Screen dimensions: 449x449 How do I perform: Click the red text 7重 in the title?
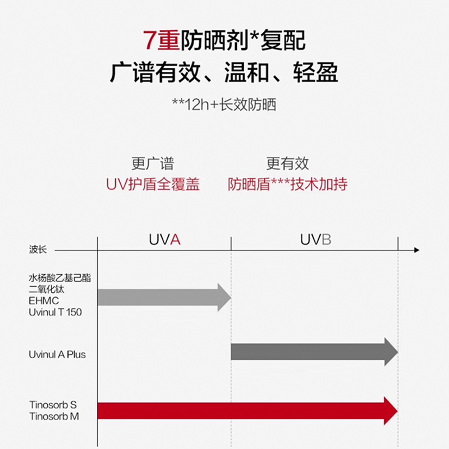pos(162,40)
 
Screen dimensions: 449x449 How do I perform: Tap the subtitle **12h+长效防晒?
pos(224,104)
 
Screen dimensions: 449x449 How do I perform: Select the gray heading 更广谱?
pos(153,163)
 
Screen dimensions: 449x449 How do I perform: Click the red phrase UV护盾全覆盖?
pos(153,184)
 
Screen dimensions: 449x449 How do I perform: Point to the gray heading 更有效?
pos(287,163)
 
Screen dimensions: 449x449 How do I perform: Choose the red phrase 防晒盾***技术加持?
pos(287,184)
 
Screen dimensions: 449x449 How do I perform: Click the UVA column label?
pos(164,240)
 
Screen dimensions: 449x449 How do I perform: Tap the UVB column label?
pos(315,240)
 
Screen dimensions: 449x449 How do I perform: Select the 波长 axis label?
pos(38,249)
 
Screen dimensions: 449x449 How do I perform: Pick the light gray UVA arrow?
pos(164,297)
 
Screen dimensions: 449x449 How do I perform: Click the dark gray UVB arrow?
pos(314,352)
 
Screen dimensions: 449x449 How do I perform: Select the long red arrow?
pos(248,411)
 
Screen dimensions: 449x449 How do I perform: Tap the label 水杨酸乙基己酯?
pos(60,278)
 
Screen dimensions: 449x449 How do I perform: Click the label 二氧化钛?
pos(47,289)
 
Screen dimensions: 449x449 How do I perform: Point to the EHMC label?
pos(44,301)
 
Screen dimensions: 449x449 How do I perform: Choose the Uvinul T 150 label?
pos(55,312)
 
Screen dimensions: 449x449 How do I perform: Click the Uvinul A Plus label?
pos(57,355)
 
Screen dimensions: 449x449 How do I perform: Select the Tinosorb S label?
pos(53,405)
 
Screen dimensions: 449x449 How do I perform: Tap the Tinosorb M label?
pos(54,416)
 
